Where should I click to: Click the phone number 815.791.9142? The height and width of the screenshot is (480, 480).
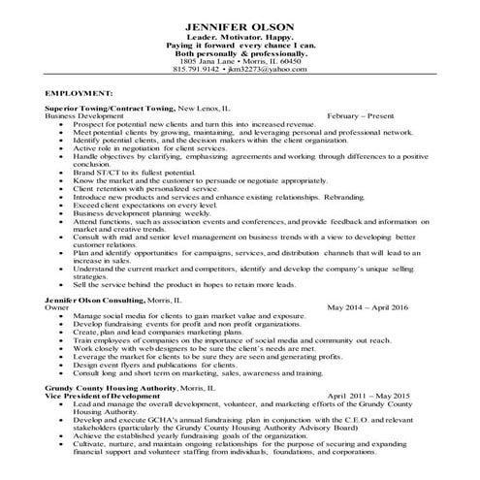pos(196,70)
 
